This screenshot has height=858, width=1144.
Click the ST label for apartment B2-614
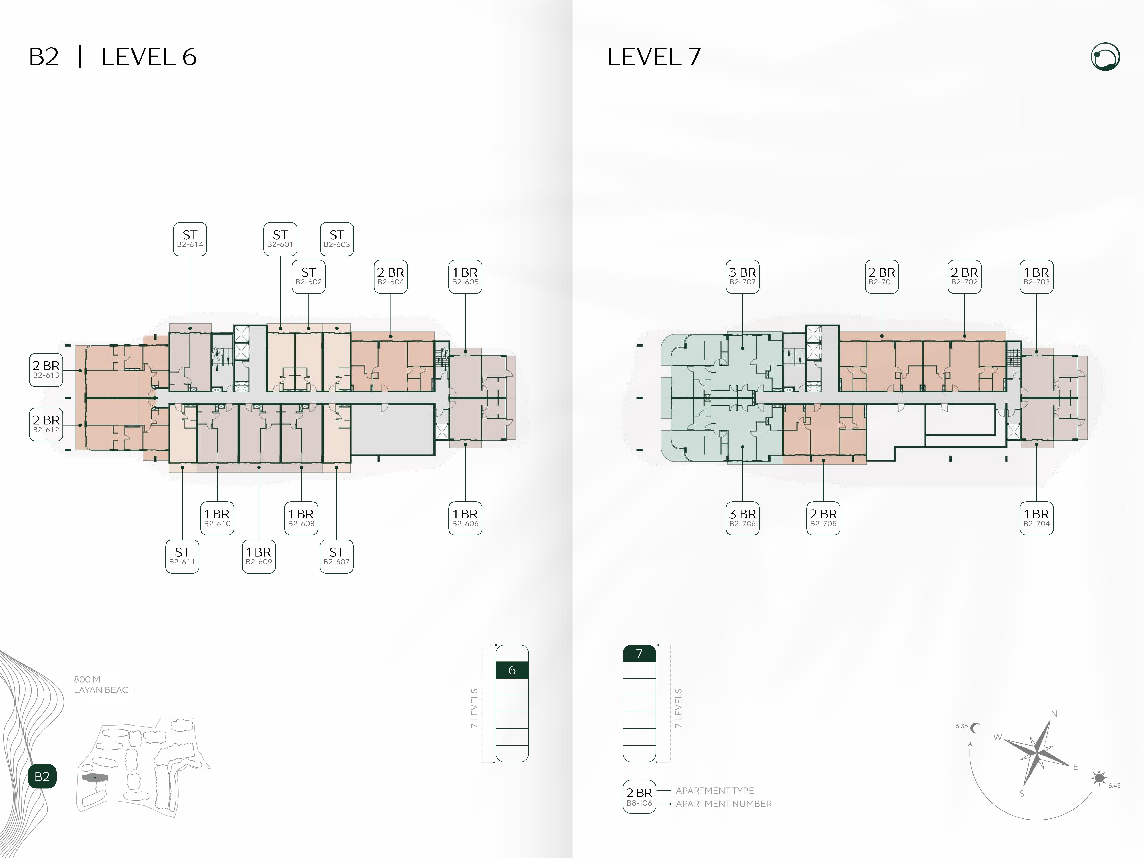pos(190,239)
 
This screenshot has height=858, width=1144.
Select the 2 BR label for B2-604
pos(391,277)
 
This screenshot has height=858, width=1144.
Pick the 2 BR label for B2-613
pos(46,370)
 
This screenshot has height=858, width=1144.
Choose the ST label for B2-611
pos(182,556)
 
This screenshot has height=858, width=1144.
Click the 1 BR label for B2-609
pos(259,556)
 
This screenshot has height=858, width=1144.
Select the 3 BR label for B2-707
pos(743,277)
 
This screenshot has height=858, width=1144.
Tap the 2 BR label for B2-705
pos(823,518)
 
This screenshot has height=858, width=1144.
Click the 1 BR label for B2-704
pos(1036,518)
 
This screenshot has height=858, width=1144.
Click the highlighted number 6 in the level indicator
pos(512,670)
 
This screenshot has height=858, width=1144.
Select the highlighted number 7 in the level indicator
pos(639,654)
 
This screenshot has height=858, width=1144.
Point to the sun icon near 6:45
pos(1099,778)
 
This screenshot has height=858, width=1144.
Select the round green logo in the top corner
pos(1106,57)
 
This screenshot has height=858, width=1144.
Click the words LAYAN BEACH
pos(104,690)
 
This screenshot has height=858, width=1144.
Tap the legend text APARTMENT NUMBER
pos(723,804)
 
